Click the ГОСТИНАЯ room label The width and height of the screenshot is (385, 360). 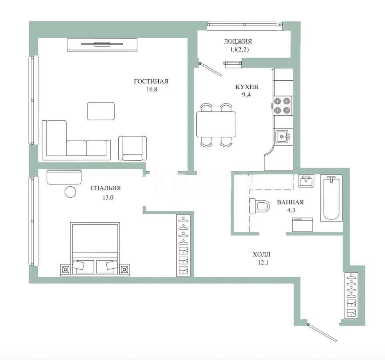coord(151,81)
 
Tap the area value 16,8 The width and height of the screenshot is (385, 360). coord(152,90)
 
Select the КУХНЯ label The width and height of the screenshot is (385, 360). coord(247,86)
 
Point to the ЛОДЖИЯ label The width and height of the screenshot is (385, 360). coord(237,41)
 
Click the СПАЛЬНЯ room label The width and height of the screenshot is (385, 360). coord(106,188)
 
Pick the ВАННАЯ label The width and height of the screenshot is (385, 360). coord(290,202)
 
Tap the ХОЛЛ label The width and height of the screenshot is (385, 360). coord(261,254)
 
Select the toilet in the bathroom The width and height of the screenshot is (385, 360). coord(259,206)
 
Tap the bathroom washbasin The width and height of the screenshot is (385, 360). coord(307,181)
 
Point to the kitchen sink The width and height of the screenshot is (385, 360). coord(284,136)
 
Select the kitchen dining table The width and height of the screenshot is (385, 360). coord(216,124)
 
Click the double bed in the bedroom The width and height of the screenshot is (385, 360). coord(95,248)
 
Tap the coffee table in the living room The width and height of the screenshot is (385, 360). coord(101,111)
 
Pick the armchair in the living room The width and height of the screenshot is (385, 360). coord(132,148)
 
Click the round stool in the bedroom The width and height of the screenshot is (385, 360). coord(70,192)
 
